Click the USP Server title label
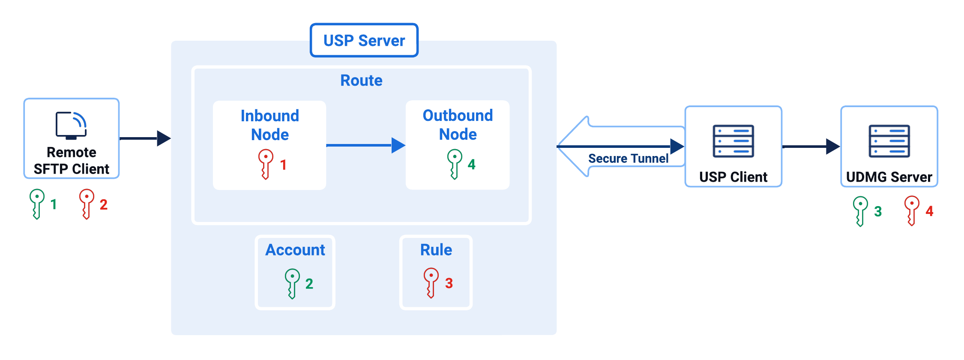364,41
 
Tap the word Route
361,81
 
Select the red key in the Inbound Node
266,164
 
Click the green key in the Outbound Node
455,164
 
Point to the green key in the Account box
292,283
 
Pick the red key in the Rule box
431,282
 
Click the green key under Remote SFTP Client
37,204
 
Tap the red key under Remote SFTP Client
87,204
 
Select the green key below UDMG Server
860,211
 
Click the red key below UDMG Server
912,210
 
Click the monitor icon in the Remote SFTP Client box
71,126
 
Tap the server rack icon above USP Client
733,141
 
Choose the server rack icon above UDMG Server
889,141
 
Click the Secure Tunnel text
628,159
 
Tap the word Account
295,250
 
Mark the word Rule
436,250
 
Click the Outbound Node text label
458,125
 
